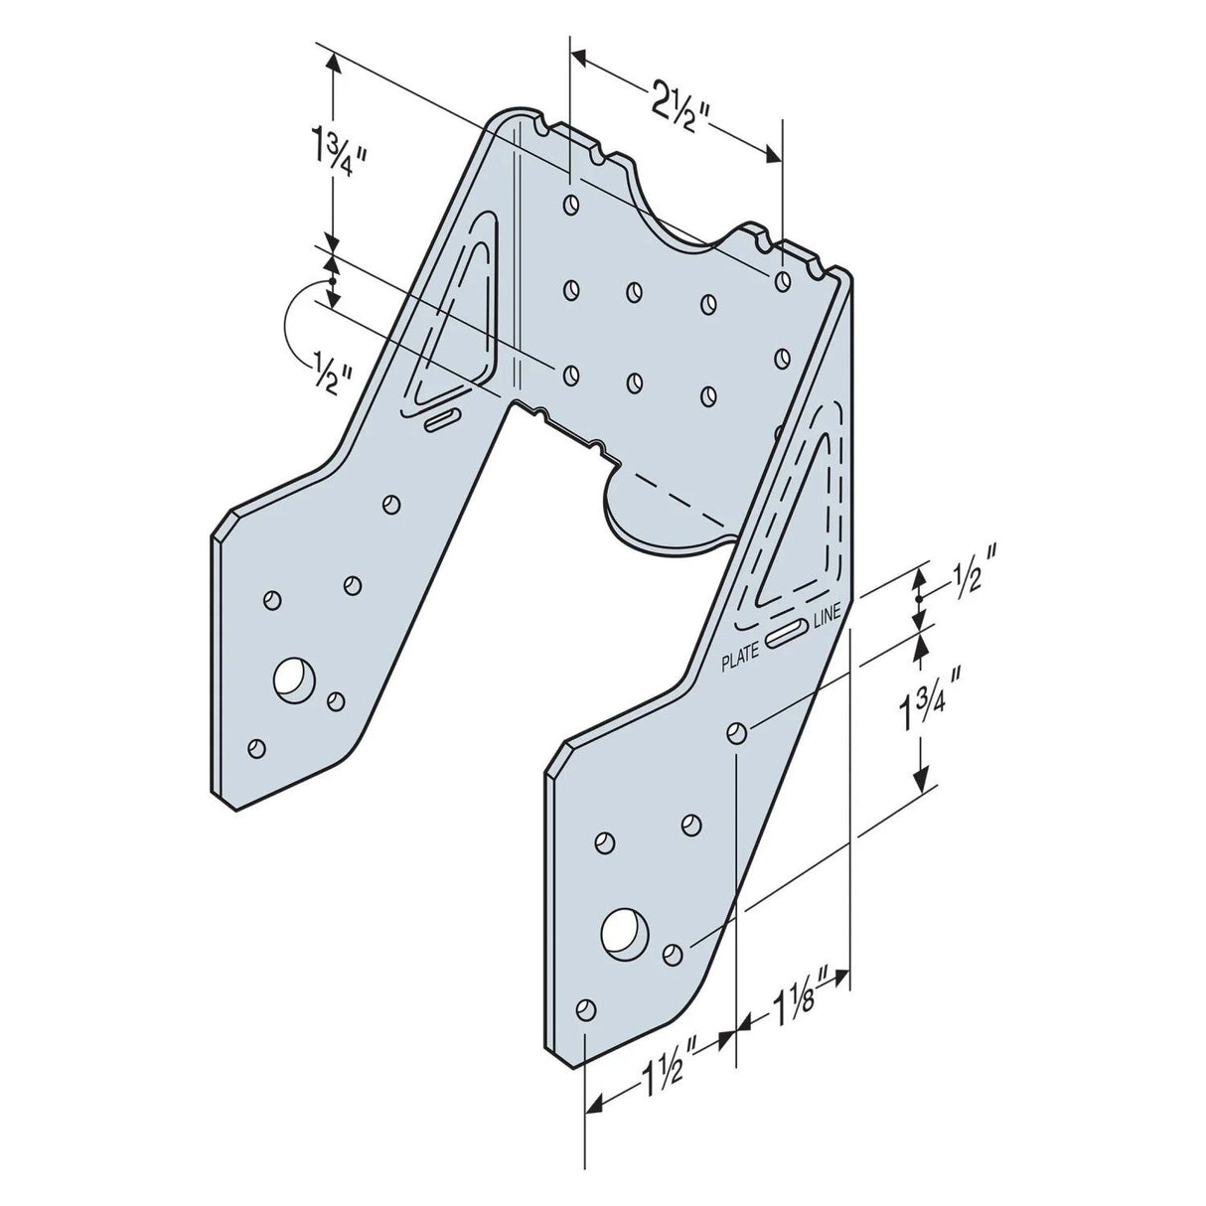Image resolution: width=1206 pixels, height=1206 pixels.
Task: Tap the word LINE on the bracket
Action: [827, 617]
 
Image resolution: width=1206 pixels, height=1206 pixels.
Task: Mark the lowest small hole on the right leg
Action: [586, 1009]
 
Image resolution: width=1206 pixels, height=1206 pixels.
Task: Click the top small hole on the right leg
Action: [737, 733]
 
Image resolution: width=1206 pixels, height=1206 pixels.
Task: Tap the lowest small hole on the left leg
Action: [258, 747]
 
